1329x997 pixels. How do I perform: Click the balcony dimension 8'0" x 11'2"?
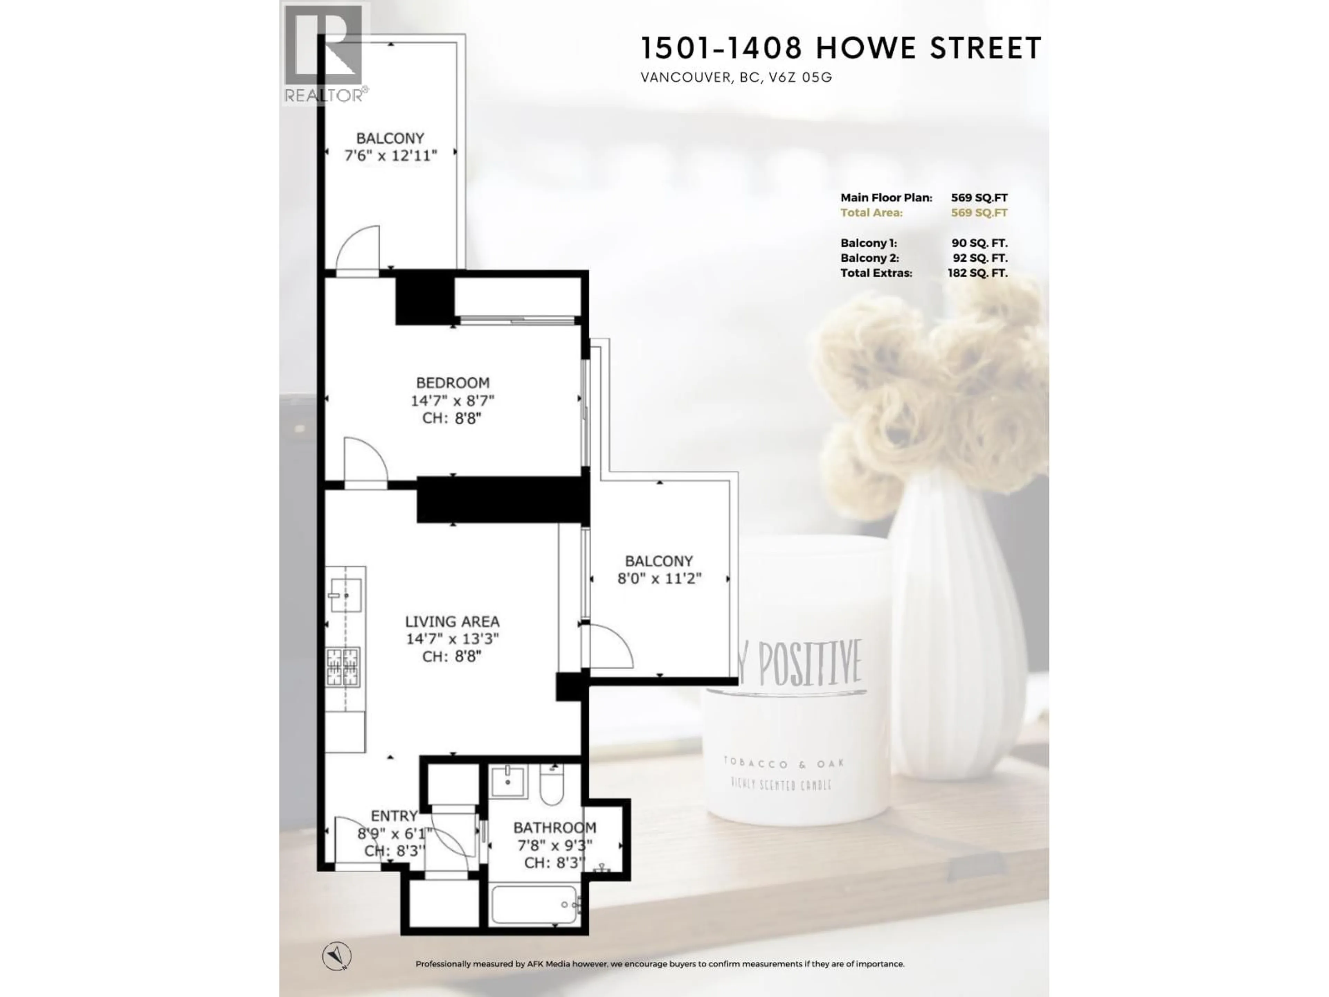coord(659,579)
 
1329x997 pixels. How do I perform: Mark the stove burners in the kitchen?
coord(343,667)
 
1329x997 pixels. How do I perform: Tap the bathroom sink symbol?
coord(508,781)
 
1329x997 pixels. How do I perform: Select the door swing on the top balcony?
coord(358,249)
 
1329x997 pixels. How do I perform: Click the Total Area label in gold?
coord(871,213)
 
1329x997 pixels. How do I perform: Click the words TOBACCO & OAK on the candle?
coord(784,763)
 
